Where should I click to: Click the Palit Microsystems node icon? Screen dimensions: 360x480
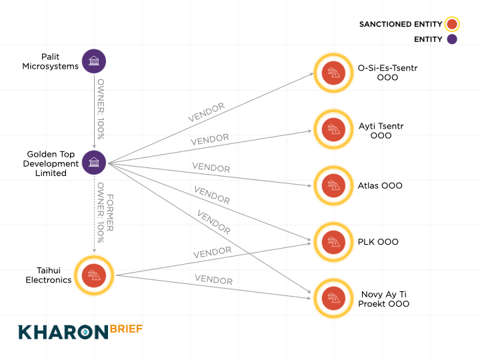tap(94, 61)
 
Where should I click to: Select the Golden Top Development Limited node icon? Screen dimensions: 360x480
tap(94, 163)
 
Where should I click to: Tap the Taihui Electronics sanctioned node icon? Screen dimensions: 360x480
tap(94, 275)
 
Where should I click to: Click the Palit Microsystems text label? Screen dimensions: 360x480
tap(51, 61)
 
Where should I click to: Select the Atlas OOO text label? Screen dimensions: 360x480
tap(380, 186)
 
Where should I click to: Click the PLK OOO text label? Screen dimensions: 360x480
tap(378, 242)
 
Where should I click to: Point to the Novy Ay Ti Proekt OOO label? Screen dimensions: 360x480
tap(383, 299)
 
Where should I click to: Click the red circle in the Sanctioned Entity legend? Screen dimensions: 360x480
tap(453, 25)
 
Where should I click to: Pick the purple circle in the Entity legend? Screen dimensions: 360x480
tap(452, 39)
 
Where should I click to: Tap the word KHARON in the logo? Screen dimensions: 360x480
tap(63, 331)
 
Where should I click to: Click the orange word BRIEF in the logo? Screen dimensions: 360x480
tap(126, 329)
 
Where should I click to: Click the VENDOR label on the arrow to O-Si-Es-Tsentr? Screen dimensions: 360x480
tap(206, 111)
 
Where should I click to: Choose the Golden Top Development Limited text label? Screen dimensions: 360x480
tap(51, 163)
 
